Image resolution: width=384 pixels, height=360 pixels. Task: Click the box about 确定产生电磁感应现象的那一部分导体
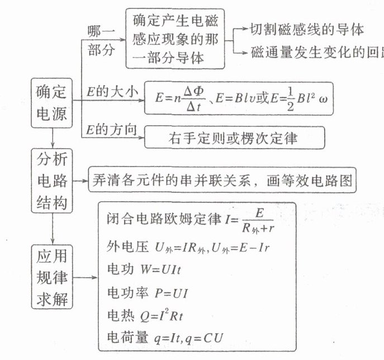tap(175, 39)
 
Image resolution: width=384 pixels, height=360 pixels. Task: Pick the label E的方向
tap(112, 130)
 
